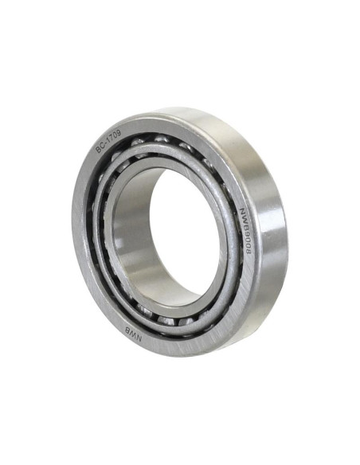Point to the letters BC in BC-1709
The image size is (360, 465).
point(100,148)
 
